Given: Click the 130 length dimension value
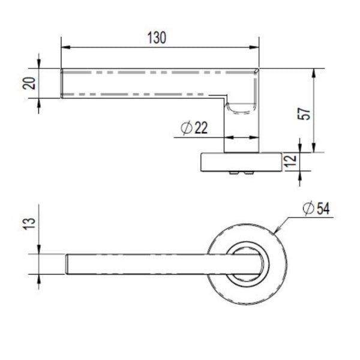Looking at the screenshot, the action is pos(157,38).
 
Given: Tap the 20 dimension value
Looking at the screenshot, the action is pos(29,83).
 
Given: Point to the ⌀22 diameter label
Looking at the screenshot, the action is pos(194,128).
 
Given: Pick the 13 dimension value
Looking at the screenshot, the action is pos(29,223).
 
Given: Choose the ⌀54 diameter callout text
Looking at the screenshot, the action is pos(316,209).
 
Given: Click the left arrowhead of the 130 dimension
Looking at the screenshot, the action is pos(66,47).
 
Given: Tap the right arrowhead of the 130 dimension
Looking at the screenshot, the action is pos(254,47).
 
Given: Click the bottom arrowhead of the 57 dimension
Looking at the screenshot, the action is pos(314,148).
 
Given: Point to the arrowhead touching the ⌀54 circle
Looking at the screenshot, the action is pos(278,230).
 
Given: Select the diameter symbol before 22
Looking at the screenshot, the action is pos(186,128).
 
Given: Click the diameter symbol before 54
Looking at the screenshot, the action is pos(308,209).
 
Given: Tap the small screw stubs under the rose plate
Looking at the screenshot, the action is pos(242,173).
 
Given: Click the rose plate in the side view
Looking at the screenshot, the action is pos(241,162).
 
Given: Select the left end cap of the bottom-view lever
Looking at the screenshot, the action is pos(67,264).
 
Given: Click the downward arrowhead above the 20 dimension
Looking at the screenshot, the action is pos(39,64).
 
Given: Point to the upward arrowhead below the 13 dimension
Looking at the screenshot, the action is pos(39,279).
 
